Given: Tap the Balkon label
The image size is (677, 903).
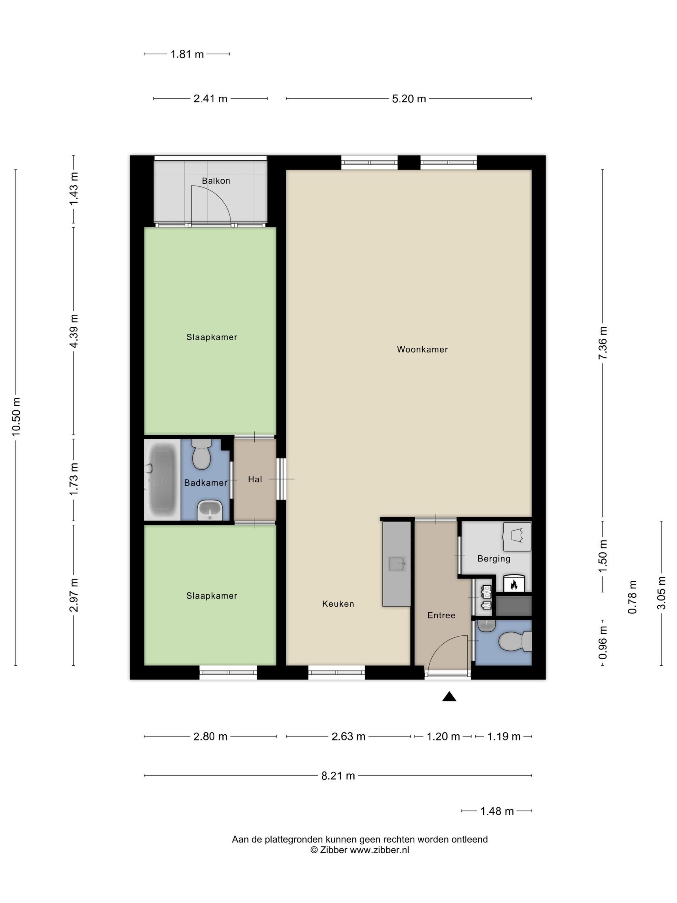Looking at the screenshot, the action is pyautogui.click(x=216, y=180).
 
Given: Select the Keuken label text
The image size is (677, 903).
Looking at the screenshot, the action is pyautogui.click(x=338, y=604).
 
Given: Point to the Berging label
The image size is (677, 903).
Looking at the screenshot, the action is pyautogui.click(x=494, y=559).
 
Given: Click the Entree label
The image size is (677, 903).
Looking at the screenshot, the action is pyautogui.click(x=441, y=615).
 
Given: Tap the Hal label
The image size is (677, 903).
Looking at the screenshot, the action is pyautogui.click(x=255, y=479).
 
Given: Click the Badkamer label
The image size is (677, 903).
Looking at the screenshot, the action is pyautogui.click(x=206, y=483).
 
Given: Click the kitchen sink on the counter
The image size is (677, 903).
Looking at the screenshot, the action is pyautogui.click(x=397, y=564).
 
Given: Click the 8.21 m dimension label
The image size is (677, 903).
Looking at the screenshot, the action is pyautogui.click(x=338, y=776).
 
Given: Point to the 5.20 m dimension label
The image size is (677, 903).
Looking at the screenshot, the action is pyautogui.click(x=409, y=99).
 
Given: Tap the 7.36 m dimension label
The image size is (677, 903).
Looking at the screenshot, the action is pyautogui.click(x=603, y=343).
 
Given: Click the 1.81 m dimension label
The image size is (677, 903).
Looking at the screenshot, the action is pyautogui.click(x=187, y=54).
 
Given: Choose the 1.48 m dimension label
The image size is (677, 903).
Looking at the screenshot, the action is pyautogui.click(x=497, y=811).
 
